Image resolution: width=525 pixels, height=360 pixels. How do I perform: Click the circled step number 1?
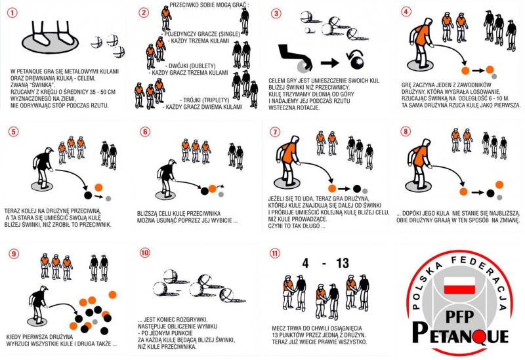12,13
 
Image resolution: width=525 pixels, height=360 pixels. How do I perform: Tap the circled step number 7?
275,132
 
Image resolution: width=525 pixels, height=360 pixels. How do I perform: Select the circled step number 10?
145,252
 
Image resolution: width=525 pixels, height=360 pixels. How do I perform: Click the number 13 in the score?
343,264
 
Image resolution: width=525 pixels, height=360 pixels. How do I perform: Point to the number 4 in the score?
305,264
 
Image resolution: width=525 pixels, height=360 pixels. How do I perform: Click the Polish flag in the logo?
459,285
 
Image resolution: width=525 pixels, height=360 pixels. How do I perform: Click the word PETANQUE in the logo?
460,333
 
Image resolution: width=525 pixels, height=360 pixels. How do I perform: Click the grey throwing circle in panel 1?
51,43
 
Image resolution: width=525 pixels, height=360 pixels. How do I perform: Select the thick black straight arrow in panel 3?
330,62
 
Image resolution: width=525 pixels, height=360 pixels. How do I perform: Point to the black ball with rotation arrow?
358,62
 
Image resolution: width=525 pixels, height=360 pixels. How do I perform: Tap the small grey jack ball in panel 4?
494,76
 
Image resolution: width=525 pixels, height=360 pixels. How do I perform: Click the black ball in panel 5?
88,195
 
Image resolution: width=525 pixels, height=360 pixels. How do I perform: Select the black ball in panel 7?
357,189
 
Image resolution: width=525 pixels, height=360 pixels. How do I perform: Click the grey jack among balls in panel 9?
95,322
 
